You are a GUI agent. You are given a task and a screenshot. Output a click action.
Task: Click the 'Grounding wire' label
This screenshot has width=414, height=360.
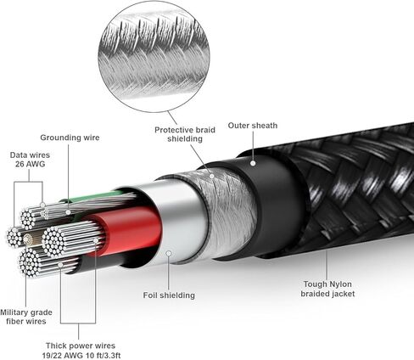(70, 138)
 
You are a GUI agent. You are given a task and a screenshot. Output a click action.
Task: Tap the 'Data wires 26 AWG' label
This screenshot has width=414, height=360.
(30, 160)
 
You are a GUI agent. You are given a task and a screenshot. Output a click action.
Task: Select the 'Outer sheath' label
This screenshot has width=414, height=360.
(253, 126)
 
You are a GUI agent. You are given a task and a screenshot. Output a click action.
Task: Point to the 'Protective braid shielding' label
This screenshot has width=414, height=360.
(185, 134)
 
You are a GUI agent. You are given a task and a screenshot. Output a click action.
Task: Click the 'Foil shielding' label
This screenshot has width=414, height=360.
(169, 295)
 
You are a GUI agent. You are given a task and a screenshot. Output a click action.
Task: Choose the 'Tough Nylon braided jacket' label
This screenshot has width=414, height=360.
(327, 289)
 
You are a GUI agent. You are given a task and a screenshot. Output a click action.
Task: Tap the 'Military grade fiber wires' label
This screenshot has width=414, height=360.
(26, 317)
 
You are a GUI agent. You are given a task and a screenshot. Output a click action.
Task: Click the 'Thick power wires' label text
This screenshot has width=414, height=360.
(81, 346)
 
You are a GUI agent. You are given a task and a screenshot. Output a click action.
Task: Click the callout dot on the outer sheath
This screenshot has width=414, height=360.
(253, 163)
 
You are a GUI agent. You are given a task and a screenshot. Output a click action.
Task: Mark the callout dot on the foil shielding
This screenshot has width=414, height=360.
(169, 253)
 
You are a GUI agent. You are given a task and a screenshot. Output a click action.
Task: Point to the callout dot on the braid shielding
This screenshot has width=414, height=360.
(212, 176)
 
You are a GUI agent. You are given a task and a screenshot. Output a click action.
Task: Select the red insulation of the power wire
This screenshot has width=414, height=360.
(127, 231)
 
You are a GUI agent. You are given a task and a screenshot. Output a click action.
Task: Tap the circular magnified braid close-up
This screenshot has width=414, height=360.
(154, 57)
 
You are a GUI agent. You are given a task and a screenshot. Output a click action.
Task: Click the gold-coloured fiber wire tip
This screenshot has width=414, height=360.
(27, 239)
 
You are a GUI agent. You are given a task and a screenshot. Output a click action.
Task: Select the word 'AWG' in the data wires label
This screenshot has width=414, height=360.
(36, 164)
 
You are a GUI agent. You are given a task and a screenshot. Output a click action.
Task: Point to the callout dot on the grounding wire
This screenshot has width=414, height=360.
(68, 212)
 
